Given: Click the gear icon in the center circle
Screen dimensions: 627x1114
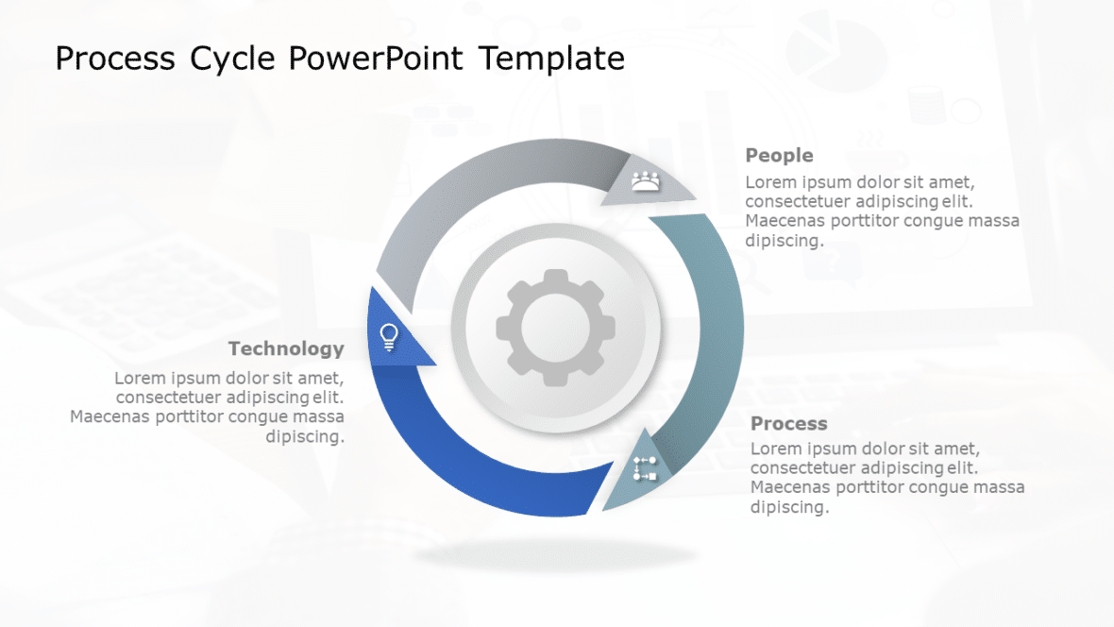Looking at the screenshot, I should tap(555, 327).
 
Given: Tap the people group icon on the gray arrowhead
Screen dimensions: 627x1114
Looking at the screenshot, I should tap(646, 180).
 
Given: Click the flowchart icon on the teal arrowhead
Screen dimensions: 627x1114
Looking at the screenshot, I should tap(645, 468).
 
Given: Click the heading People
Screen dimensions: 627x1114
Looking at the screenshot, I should tap(779, 155).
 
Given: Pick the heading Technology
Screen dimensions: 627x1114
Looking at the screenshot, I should tap(286, 348).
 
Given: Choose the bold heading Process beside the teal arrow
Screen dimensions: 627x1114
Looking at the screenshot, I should tap(788, 423).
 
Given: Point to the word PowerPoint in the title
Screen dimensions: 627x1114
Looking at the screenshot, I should tap(376, 59).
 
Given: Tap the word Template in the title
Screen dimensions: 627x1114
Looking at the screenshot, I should tap(550, 59).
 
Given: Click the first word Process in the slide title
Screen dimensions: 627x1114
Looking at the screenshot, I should tap(115, 59).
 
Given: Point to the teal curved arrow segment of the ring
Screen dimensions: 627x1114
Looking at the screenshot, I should tap(713, 330).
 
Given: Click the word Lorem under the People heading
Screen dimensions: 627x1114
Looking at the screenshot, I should tap(769, 182).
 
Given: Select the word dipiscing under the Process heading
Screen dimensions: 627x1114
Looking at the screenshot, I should tap(788, 507).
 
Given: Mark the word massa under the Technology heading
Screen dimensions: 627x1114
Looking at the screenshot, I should tap(318, 416).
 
